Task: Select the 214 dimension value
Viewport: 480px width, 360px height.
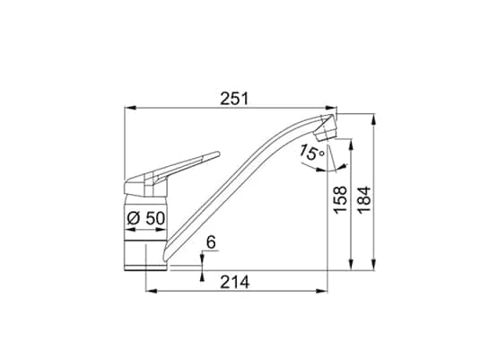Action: point(234,281)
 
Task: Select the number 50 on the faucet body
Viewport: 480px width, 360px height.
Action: point(153,218)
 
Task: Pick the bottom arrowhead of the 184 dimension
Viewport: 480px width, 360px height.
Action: point(376,264)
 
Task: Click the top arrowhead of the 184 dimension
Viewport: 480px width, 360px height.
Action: point(376,117)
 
